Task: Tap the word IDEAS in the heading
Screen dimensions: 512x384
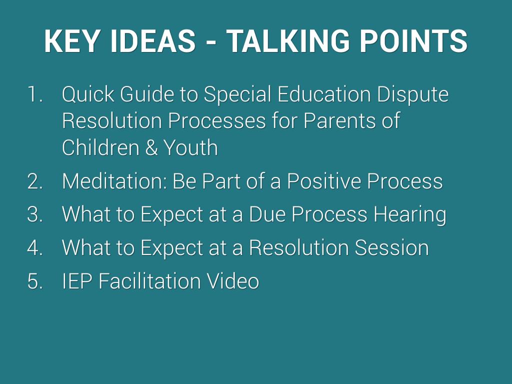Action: [153, 41]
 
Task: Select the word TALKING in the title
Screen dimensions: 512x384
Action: [288, 41]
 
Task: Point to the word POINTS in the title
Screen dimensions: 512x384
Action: [413, 41]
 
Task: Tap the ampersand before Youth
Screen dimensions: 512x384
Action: [151, 147]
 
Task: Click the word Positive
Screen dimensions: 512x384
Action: [324, 181]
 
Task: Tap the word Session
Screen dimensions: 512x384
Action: [391, 247]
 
